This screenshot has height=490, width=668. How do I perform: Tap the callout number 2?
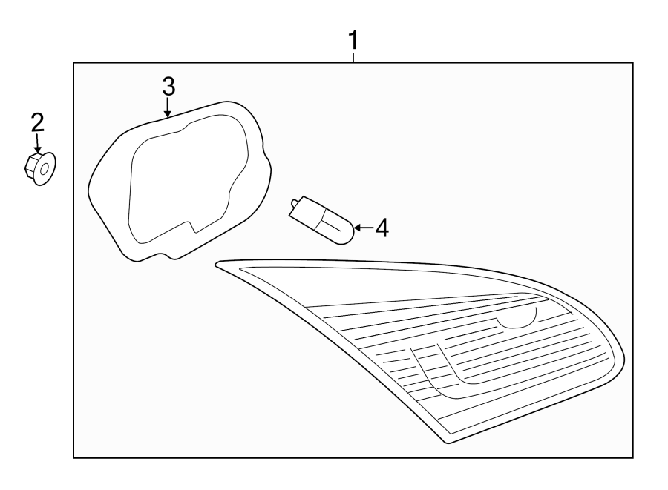37,122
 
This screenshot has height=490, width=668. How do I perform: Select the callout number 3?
168,86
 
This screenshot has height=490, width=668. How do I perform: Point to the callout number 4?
381,228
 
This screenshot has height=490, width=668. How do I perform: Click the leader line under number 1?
354,56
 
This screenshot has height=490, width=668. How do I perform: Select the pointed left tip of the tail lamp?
216,263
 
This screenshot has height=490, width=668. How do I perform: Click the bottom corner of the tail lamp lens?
448,442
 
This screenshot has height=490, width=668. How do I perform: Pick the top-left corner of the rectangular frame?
73,63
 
